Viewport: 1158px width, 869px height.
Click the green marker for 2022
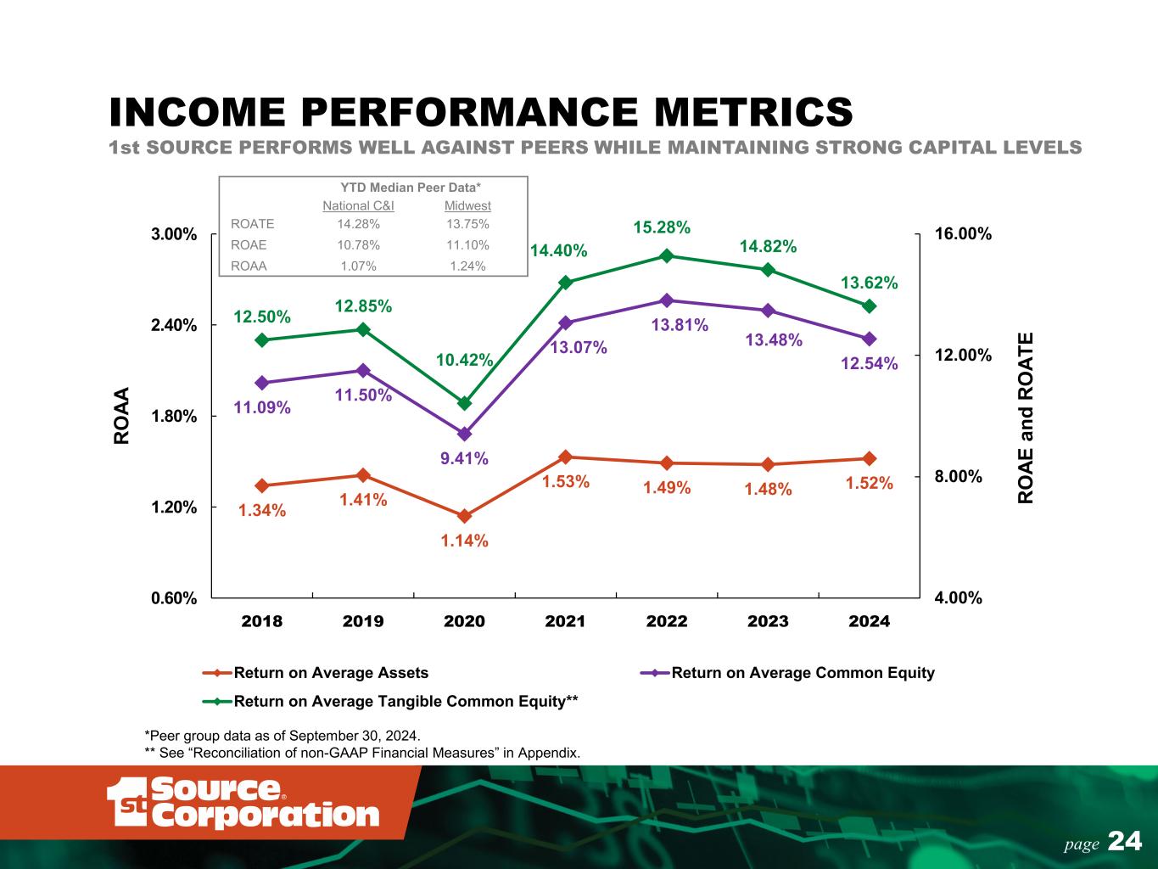(667, 255)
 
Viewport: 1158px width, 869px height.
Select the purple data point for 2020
(464, 434)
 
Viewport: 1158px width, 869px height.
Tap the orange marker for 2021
(565, 457)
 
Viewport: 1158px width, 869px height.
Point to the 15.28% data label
(662, 227)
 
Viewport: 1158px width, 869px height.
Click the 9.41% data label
(464, 458)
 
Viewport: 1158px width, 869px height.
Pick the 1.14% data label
(464, 541)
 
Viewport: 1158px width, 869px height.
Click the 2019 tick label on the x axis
(363, 621)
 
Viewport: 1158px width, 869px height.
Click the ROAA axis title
(122, 416)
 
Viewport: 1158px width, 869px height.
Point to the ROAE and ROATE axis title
(1027, 418)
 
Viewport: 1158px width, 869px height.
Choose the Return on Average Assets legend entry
(331, 673)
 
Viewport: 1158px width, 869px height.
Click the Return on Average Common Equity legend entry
(803, 673)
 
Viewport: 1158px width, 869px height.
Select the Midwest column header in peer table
(467, 205)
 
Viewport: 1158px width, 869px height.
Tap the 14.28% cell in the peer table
(358, 224)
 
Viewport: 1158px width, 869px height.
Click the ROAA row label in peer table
(249, 266)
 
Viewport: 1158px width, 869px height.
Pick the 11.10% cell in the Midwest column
(467, 245)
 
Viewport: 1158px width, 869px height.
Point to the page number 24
(1125, 841)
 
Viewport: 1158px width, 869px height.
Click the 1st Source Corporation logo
(243, 802)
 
